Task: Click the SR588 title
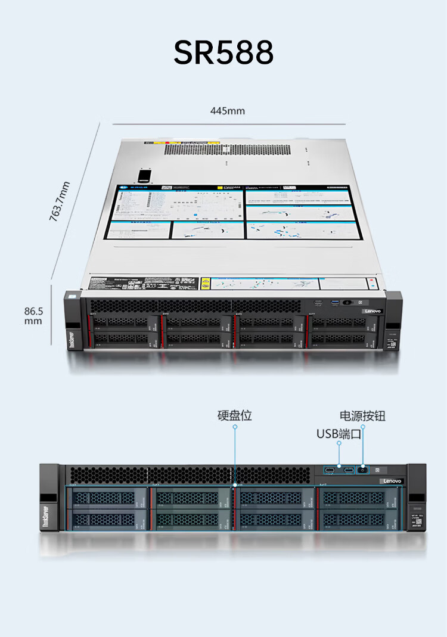(x=223, y=53)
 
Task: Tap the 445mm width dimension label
(x=227, y=111)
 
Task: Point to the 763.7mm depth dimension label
(x=60, y=201)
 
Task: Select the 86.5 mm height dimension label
(x=33, y=316)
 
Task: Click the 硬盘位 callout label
(x=235, y=415)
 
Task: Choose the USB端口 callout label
(x=339, y=433)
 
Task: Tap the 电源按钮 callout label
(x=362, y=415)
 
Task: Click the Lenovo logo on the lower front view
(x=392, y=481)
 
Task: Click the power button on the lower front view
(x=362, y=470)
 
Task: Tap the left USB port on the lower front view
(x=331, y=470)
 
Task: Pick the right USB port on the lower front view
(x=347, y=470)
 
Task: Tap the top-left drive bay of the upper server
(x=122, y=322)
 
